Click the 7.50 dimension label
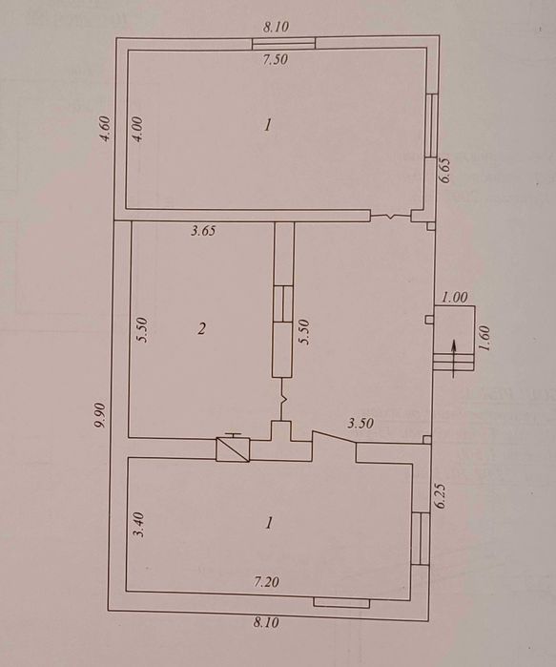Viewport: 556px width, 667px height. click(275, 59)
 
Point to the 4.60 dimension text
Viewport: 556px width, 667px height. click(105, 130)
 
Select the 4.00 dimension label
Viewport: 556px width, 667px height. click(138, 129)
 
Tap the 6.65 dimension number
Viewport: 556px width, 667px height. click(445, 170)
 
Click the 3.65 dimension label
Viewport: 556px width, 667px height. click(203, 231)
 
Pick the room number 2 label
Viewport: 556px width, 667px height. click(201, 328)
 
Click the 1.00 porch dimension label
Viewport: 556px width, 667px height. click(454, 298)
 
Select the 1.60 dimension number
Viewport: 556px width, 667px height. click(484, 338)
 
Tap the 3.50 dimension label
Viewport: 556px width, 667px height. click(360, 424)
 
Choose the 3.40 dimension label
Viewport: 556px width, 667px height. click(139, 525)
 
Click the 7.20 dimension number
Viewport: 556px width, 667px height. click(266, 581)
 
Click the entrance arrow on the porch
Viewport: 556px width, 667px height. click(453, 359)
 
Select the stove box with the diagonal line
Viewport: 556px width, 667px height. click(233, 449)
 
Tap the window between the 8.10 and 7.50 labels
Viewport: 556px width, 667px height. click(284, 43)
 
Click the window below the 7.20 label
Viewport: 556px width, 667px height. click(341, 603)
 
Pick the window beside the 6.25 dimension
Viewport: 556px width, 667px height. click(421, 539)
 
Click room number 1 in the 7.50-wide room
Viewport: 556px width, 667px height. click(267, 126)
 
